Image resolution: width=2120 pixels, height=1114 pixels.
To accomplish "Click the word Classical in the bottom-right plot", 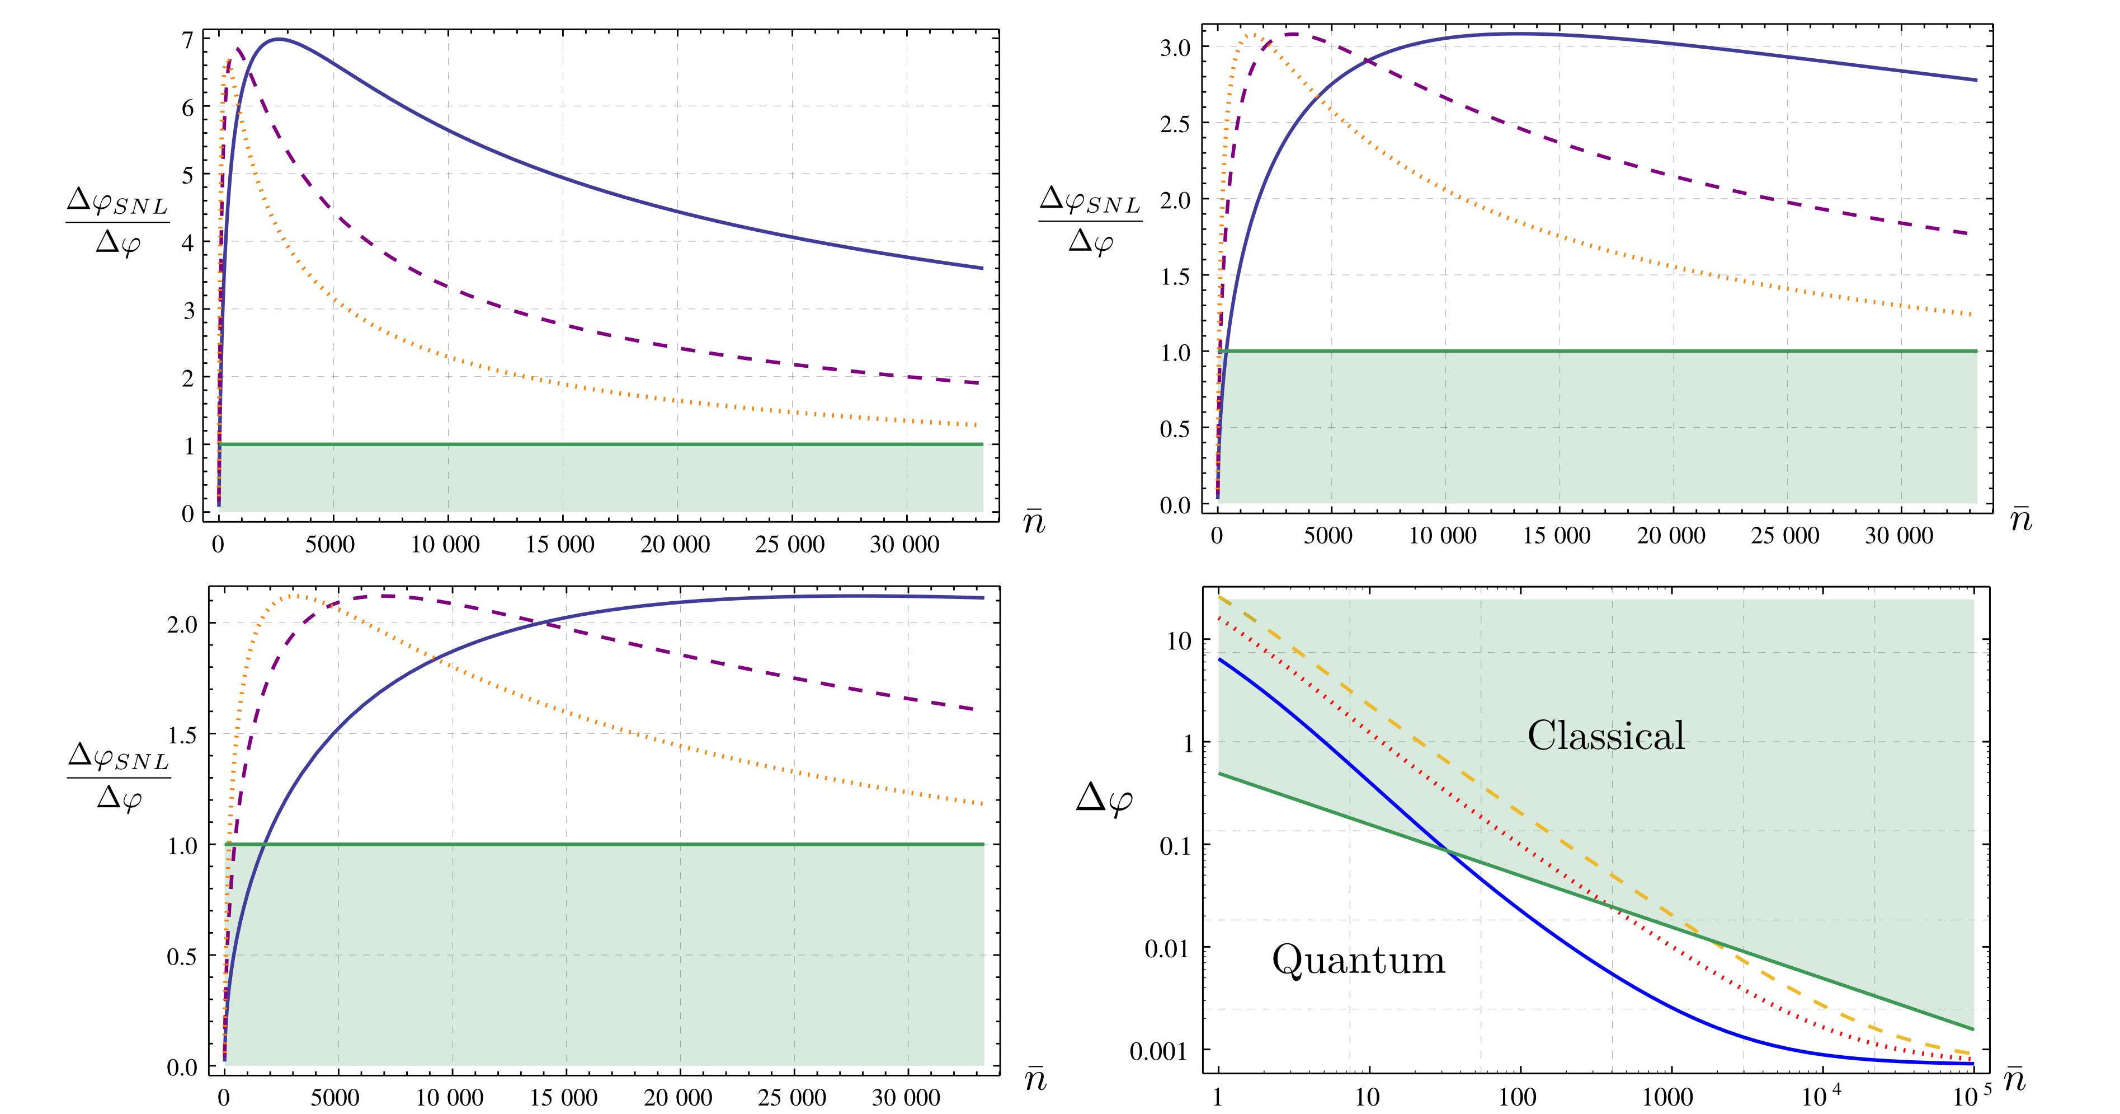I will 1605,735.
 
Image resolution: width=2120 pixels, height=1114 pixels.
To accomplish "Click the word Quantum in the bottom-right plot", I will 1358,960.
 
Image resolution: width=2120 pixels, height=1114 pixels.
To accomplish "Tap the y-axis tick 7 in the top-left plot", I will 187,40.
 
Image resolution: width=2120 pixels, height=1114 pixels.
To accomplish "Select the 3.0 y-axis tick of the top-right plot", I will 1175,48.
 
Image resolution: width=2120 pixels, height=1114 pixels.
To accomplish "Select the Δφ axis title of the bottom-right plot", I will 1104,799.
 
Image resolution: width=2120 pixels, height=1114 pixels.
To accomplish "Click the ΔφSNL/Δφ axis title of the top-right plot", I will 1090,221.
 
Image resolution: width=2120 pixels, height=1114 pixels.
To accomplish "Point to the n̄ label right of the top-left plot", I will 1034,521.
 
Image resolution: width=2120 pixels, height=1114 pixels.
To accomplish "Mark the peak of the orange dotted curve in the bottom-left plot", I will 296,595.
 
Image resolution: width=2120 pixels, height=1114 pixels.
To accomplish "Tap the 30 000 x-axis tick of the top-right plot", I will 1898,536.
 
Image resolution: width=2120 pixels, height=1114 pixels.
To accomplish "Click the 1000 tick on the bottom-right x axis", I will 1667,1097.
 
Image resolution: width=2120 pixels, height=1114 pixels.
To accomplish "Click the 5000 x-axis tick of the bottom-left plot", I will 335,1098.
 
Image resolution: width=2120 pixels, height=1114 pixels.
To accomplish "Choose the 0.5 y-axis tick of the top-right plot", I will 1175,428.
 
